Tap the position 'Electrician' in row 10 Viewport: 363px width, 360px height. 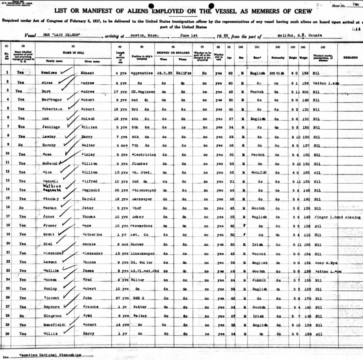143,154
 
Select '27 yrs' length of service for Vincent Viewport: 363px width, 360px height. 121,298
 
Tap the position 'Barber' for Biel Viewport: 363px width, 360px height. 137,244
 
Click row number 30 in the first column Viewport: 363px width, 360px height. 6,334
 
